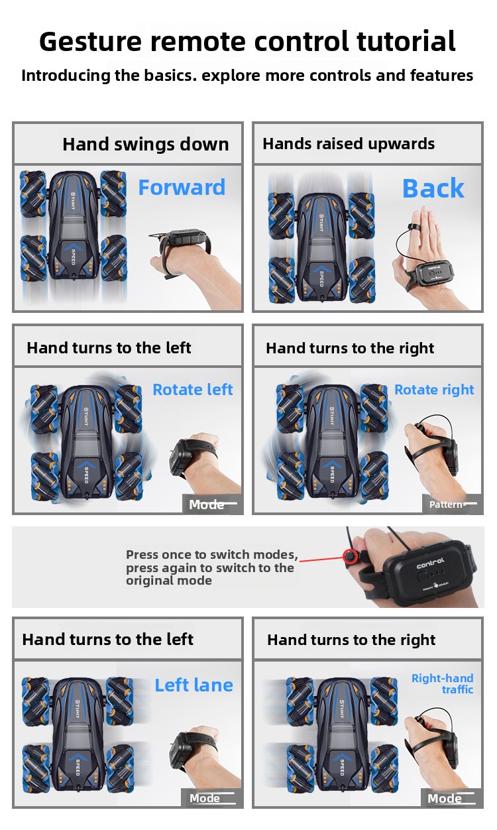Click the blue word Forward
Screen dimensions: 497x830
click(182, 187)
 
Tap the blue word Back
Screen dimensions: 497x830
click(433, 188)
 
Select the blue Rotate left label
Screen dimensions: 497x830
click(193, 389)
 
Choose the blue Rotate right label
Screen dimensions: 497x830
click(434, 390)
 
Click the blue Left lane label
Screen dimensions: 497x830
click(193, 685)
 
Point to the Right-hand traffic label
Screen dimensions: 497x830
click(443, 683)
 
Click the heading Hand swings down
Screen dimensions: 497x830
click(146, 144)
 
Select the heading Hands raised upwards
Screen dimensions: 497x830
click(349, 144)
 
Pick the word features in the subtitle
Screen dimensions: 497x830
click(441, 75)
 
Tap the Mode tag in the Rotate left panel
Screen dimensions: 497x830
click(206, 504)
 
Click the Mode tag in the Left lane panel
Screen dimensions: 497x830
click(204, 798)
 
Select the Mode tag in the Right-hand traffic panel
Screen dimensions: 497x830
click(445, 798)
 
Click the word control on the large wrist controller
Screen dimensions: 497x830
click(430, 563)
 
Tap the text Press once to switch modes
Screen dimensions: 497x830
click(212, 554)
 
